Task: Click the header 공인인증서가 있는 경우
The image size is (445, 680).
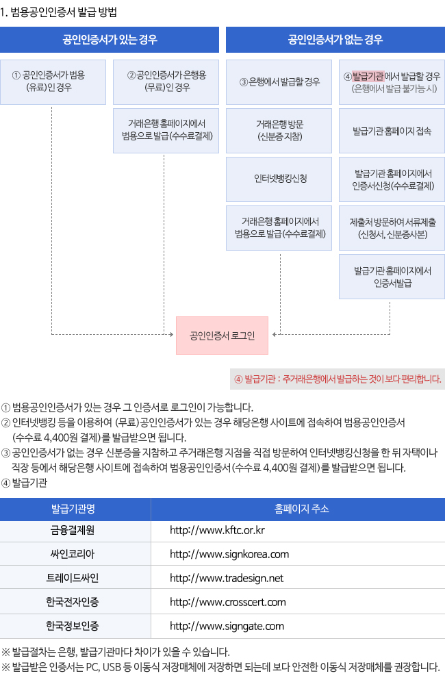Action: (110, 39)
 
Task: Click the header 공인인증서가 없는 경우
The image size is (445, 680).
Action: (335, 39)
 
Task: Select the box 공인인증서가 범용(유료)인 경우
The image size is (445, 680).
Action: (53, 81)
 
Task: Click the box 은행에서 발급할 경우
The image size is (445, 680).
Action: (279, 81)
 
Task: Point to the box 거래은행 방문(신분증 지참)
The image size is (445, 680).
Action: (279, 130)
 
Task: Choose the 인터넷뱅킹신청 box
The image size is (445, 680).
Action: (279, 179)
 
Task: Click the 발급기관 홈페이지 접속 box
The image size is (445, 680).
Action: (392, 130)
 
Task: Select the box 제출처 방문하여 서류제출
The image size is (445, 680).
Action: (392, 227)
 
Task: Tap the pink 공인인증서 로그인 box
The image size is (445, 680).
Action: (222, 335)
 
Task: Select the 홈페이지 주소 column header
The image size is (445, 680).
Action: (297, 509)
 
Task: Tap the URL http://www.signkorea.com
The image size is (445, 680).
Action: (229, 554)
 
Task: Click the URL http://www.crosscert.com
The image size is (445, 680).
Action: (227, 601)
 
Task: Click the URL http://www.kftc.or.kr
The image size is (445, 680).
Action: (217, 531)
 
